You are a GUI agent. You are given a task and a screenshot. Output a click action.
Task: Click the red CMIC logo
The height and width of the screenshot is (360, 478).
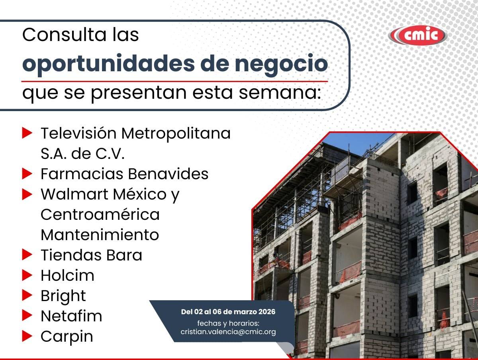pos(418,35)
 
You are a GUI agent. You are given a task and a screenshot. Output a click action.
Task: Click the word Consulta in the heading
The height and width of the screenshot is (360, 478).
pos(65,35)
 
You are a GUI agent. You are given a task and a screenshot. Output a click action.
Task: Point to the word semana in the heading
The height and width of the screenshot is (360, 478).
pos(280,93)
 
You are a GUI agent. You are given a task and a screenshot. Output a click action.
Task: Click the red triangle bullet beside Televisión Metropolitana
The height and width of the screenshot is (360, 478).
pos(27,133)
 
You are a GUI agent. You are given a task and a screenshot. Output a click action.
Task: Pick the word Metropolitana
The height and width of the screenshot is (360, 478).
pos(176,133)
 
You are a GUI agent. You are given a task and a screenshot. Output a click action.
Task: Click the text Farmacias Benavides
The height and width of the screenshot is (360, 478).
pos(125,174)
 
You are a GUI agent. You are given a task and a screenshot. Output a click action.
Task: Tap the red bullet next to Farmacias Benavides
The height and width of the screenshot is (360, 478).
pos(27,174)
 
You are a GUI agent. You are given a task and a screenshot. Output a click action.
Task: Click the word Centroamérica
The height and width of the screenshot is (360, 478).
pos(100,215)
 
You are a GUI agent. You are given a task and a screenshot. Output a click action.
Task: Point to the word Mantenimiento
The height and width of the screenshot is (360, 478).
pos(100,235)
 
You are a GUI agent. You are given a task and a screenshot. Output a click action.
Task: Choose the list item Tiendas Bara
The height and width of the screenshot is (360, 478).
pos(92,255)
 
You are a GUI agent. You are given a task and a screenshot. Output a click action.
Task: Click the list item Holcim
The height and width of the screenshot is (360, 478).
pos(67,276)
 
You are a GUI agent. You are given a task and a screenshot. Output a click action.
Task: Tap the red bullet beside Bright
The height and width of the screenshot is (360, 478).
pos(27,295)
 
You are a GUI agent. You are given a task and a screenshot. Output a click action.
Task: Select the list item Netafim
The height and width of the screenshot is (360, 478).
pos(71,316)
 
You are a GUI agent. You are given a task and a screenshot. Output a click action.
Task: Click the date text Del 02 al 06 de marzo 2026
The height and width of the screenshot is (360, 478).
pos(228,312)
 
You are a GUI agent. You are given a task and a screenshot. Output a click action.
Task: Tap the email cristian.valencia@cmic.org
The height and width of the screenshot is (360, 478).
pos(228,332)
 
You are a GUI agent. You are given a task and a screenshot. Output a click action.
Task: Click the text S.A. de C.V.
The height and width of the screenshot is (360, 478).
pos(83,154)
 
